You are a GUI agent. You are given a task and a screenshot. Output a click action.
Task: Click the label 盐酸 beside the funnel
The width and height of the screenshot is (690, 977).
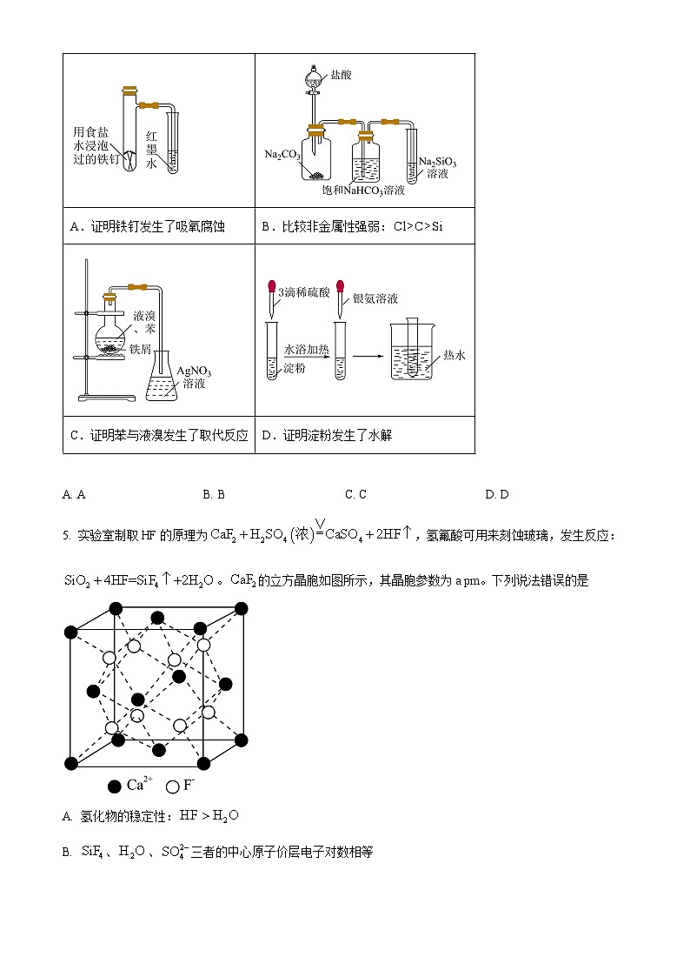[x=341, y=75]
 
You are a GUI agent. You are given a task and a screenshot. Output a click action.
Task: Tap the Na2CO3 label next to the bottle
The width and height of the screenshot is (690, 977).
[x=282, y=155]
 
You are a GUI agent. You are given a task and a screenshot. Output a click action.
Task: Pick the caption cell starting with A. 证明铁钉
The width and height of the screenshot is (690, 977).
[x=147, y=226]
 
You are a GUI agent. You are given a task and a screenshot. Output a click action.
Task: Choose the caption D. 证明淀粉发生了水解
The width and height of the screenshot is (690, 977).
[x=327, y=435]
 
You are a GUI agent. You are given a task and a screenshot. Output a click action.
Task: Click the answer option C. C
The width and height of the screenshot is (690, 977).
[x=355, y=494]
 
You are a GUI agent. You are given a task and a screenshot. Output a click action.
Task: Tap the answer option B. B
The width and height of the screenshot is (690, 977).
[x=214, y=494]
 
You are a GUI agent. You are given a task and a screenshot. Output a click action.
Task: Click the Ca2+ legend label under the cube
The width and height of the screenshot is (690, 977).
[x=139, y=785]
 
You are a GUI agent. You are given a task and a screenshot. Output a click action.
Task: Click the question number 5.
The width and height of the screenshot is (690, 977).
[x=65, y=536]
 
